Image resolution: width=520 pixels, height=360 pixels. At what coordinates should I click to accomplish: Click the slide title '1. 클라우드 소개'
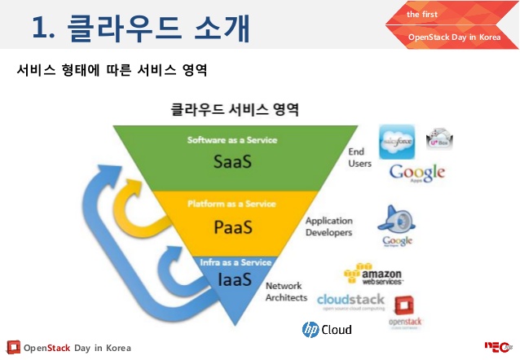139,27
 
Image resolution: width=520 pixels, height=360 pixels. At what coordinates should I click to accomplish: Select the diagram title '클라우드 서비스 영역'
234,108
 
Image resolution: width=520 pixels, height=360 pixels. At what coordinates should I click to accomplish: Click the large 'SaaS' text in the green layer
231,160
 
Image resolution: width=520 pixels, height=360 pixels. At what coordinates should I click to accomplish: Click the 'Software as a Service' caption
231,140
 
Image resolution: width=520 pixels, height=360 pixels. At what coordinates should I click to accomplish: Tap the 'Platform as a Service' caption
231,204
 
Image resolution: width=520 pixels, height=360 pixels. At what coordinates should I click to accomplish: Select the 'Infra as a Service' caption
236,262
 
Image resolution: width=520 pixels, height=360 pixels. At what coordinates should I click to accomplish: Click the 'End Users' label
360,157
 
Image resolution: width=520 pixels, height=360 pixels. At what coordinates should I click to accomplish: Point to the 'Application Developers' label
328,226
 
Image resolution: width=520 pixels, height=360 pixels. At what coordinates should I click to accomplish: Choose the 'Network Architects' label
287,292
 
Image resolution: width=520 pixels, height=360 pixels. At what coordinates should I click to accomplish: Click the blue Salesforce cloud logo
397,140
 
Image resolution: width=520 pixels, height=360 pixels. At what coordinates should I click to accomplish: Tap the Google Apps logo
416,173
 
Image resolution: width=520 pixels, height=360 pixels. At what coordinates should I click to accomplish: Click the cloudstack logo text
350,300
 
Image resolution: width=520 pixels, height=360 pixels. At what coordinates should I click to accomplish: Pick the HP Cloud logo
327,329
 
